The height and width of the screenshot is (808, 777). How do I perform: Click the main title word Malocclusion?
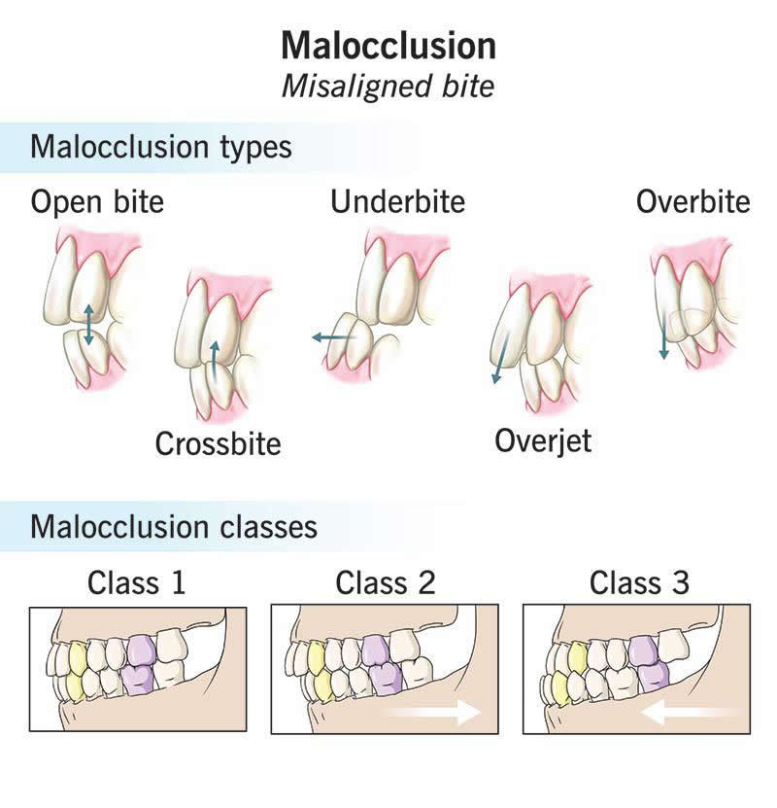[x=388, y=46]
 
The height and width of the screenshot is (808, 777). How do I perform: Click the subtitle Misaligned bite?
[x=388, y=86]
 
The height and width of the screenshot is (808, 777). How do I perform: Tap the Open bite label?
[x=97, y=202]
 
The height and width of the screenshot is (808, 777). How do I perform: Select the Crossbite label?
[x=218, y=443]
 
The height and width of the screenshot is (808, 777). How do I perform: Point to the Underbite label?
[x=397, y=202]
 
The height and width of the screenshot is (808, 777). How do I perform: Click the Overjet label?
[x=543, y=440]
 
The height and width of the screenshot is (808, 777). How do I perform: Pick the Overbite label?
[x=693, y=202]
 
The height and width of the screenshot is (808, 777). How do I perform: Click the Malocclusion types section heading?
[x=161, y=148]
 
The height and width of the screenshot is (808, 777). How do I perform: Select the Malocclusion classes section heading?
[x=174, y=527]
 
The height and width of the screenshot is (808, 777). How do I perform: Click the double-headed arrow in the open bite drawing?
[x=88, y=324]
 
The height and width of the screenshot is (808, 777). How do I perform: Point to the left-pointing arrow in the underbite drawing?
[x=333, y=337]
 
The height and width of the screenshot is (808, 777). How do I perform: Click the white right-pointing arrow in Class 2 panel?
[x=433, y=712]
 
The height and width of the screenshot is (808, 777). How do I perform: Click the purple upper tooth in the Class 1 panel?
[x=141, y=650]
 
